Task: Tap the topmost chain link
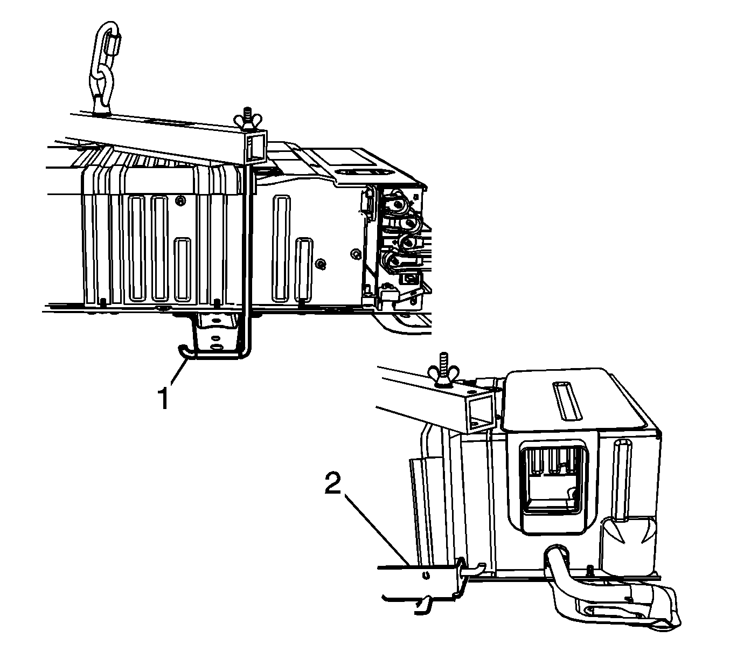[108, 48]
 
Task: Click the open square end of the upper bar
[255, 148]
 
